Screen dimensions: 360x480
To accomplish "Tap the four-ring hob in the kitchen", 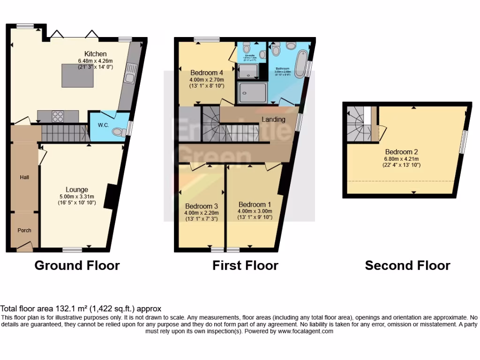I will coord(58,116).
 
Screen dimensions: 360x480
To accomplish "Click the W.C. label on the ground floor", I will coord(103,126).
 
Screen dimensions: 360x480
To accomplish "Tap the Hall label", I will coord(24,177).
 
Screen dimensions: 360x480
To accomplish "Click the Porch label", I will coord(24,230).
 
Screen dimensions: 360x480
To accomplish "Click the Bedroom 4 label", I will coord(207,73).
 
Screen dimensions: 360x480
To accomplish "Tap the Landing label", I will coord(273,120).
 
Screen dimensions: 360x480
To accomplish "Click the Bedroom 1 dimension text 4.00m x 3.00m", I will coord(255,211).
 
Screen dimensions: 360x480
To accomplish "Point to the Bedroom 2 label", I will coord(401,151).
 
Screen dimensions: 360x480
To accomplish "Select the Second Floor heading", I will coord(407,266).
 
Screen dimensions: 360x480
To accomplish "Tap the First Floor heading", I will coord(245,266).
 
